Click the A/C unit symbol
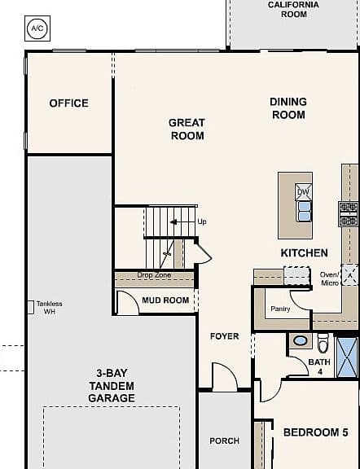(37, 28)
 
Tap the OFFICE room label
(69, 103)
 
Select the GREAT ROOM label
(187, 129)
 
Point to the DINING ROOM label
(288, 108)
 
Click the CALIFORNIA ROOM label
(293, 9)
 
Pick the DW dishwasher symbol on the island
(304, 192)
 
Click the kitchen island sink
(304, 212)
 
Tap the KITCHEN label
(304, 253)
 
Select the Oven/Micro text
(330, 278)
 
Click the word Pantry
(280, 309)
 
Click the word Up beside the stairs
(202, 222)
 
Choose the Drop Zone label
(154, 275)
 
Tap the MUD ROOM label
(165, 300)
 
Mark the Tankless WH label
(50, 308)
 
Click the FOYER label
(225, 336)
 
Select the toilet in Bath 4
(323, 342)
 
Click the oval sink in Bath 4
(301, 340)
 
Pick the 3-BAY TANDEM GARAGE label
(112, 386)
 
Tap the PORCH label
(225, 441)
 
